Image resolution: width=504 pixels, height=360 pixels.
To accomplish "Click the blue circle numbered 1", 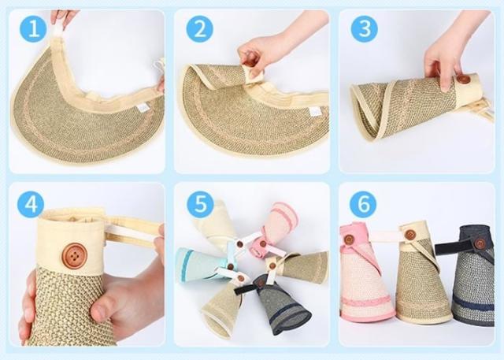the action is point(33,29).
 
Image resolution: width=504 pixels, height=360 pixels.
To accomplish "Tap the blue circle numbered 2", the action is point(199,29).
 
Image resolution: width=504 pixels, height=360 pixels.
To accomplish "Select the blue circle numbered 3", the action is point(364,29).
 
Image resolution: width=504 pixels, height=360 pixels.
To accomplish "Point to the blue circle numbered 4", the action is point(31,204).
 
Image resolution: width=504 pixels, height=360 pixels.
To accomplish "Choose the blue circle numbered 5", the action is point(200,204).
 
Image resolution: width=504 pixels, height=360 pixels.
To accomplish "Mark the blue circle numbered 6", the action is point(363,204).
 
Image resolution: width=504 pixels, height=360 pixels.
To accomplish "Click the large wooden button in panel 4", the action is point(75,256).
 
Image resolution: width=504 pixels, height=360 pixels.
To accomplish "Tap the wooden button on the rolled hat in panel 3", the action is point(464,80).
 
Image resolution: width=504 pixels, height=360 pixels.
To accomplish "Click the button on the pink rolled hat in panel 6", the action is point(349,239).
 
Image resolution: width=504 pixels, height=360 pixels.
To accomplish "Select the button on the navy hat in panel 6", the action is point(480,243).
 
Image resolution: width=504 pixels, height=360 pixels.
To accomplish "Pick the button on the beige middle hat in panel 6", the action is point(410,235).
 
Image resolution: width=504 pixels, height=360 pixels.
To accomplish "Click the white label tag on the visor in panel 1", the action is point(142,108).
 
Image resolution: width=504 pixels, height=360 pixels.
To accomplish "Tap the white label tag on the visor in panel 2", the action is point(314,111).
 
